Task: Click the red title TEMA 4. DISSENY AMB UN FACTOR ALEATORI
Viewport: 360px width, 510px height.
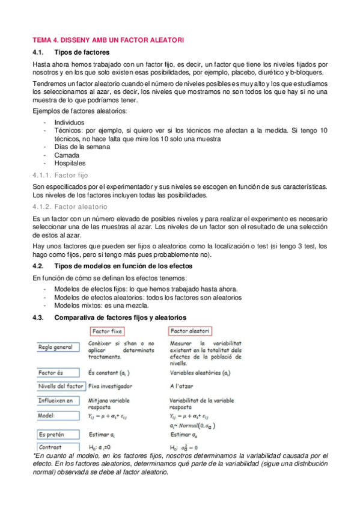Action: [x=108, y=39]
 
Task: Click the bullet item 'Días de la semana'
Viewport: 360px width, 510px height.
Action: [x=82, y=146]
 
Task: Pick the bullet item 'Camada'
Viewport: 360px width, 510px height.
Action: [x=67, y=155]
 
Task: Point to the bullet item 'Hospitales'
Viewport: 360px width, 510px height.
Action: [x=70, y=163]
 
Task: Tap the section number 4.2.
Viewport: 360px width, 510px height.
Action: [x=38, y=266]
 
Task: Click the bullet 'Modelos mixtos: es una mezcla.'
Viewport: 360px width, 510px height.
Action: [x=103, y=306]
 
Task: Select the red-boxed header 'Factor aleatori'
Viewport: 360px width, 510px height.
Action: [x=190, y=331]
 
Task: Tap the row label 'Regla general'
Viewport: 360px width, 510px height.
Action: [x=57, y=348]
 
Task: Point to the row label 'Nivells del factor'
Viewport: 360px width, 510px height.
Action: [x=60, y=386]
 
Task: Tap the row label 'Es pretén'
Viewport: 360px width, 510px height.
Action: [x=52, y=434]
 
